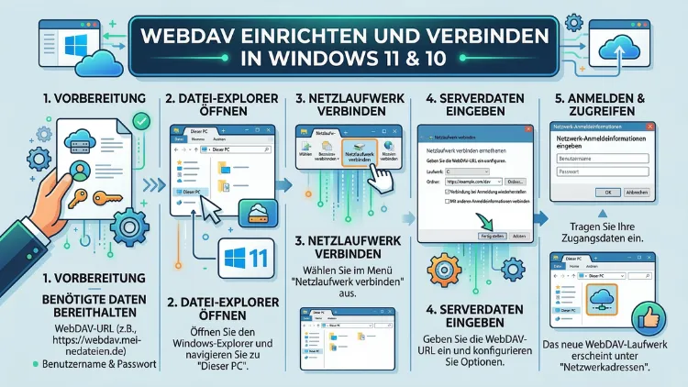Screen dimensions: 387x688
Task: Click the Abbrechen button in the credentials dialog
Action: tap(638, 192)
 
